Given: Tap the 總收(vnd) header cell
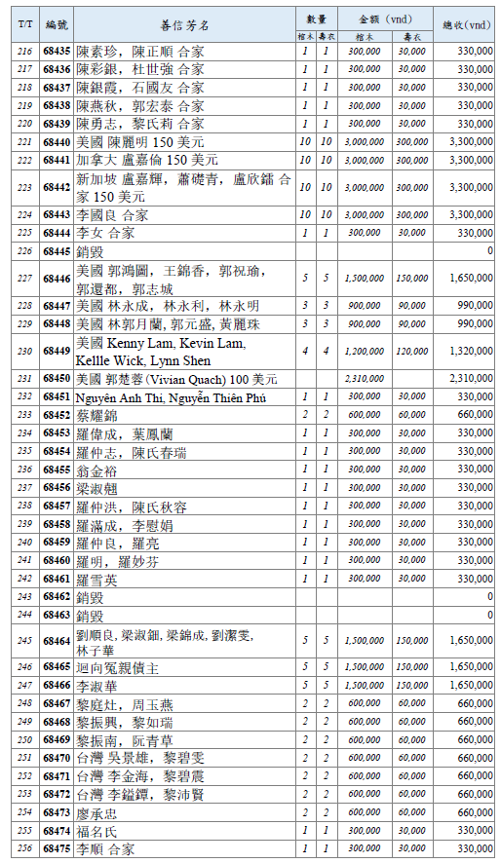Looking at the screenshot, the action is click(466, 26).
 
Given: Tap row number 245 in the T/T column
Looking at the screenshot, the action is click(25, 640).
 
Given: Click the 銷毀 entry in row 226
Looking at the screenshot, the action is click(90, 251).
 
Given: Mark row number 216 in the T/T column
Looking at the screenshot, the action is click(25, 51).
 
